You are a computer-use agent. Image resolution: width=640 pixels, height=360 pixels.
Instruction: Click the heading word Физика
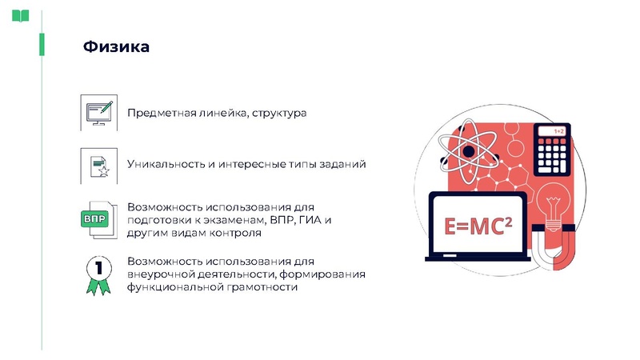tap(116, 47)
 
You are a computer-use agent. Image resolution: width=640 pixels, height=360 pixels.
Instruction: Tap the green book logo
tap(20, 15)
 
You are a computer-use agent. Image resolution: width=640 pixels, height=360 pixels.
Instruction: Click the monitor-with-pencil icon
tap(98, 112)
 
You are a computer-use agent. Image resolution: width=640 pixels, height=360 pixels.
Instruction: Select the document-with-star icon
tap(98, 165)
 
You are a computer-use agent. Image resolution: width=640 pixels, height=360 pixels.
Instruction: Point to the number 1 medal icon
tap(98, 272)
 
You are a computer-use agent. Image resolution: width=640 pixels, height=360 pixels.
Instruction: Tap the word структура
tap(279, 114)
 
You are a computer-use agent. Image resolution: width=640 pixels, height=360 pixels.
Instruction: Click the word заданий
tap(342, 164)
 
